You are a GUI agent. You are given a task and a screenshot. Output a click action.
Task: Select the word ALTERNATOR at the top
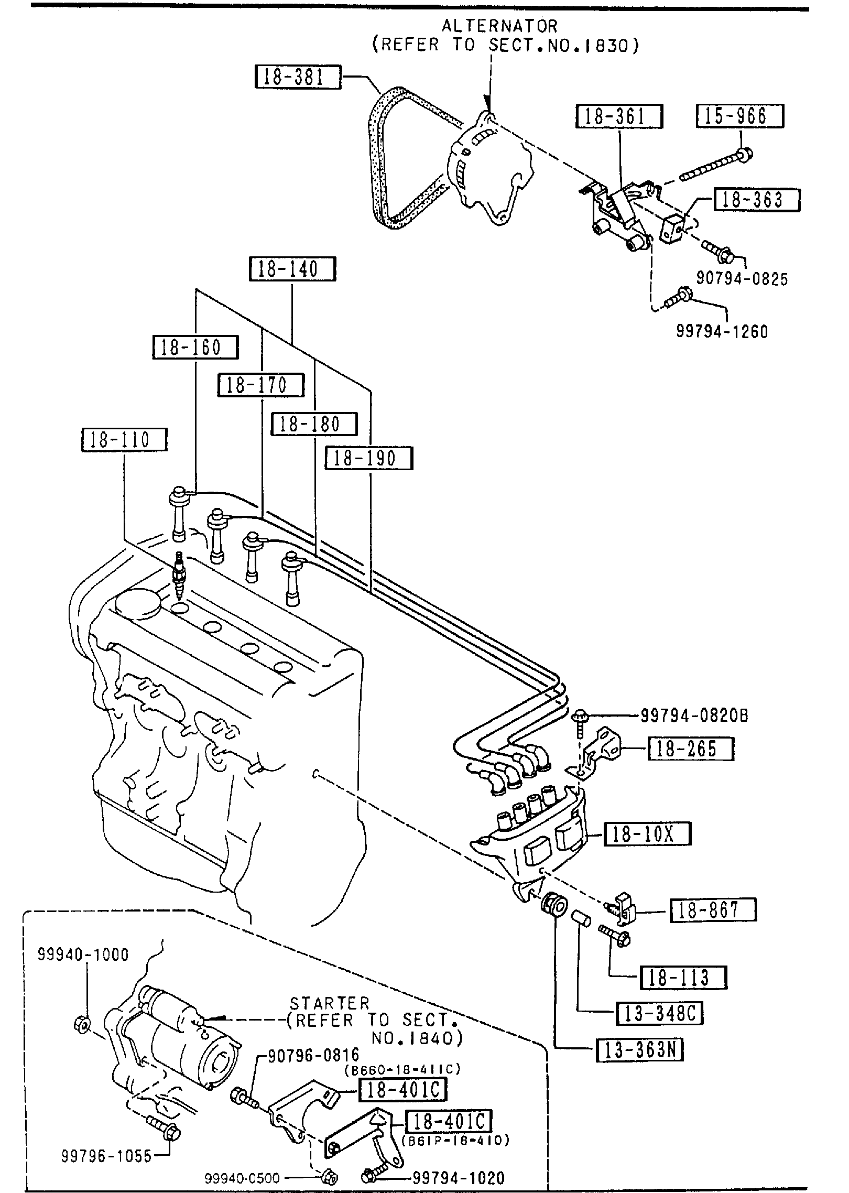tap(499, 26)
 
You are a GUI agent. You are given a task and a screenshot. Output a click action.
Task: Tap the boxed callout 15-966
tap(739, 116)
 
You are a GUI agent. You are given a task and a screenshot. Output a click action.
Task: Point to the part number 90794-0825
tap(742, 279)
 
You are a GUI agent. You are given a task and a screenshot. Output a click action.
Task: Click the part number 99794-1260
tap(722, 331)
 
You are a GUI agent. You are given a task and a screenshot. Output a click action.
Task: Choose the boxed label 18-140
tap(292, 269)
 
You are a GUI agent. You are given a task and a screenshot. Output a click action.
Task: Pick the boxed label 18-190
tap(368, 458)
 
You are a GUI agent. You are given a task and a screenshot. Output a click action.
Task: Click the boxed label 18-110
tap(124, 439)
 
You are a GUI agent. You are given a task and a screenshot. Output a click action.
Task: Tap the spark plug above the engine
tap(180, 576)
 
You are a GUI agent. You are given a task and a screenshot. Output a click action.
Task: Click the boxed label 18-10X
tap(647, 834)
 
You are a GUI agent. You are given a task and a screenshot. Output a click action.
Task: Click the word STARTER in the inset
tap(330, 1003)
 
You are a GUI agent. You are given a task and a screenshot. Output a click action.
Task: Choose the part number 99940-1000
tap(83, 955)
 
